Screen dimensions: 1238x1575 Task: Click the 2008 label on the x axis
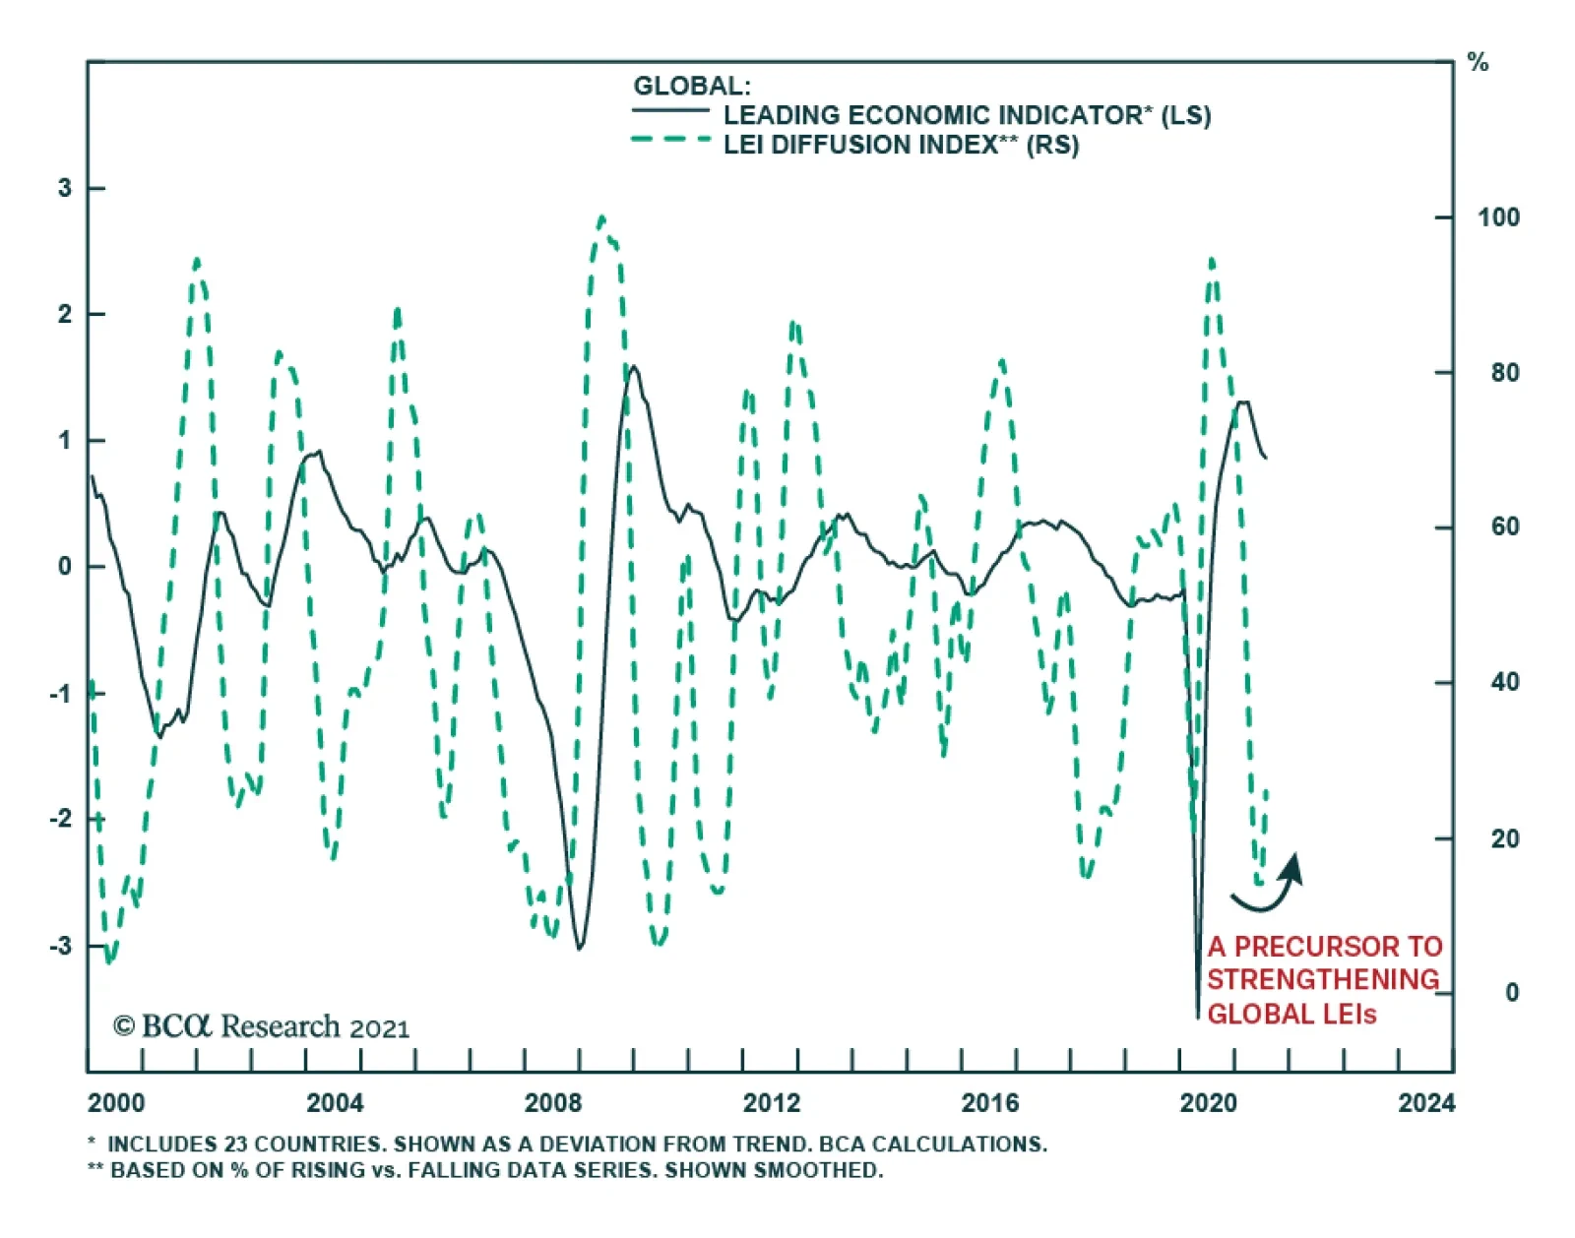click(552, 1103)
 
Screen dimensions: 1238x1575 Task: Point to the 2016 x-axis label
click(989, 1103)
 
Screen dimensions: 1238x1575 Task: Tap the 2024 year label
click(1425, 1103)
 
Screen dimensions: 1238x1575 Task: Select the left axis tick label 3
click(65, 188)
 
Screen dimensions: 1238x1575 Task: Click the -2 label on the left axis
click(61, 819)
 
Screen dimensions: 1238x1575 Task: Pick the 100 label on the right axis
click(1498, 217)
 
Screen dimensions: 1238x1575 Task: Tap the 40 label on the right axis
click(1504, 682)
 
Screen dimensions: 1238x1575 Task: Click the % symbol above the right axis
click(1478, 64)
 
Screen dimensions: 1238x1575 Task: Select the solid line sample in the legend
click(670, 110)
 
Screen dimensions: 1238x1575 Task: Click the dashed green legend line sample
click(670, 140)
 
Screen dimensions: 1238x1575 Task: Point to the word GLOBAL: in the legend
click(691, 86)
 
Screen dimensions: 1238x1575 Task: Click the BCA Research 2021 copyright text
click(261, 1026)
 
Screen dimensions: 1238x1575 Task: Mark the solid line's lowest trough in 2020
click(1198, 1017)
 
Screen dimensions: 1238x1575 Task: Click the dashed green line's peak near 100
click(601, 217)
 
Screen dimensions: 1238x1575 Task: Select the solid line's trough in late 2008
click(579, 948)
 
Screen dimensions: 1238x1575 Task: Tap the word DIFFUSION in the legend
click(862, 145)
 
